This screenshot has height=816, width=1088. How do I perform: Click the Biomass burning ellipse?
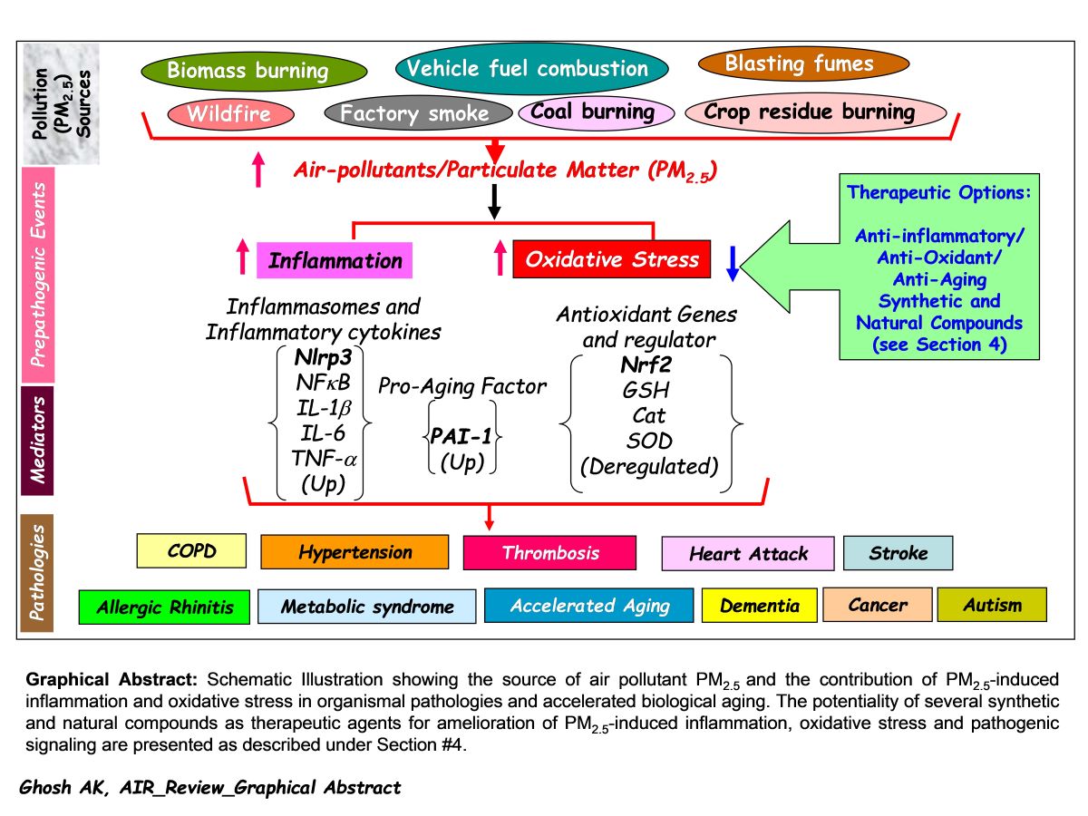pyautogui.click(x=254, y=71)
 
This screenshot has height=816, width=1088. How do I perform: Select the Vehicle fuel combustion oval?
pyautogui.click(x=531, y=69)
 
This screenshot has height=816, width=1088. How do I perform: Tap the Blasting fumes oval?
pyautogui.click(x=802, y=63)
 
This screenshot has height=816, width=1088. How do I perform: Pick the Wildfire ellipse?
pyautogui.click(x=232, y=114)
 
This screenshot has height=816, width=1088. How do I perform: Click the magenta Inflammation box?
pyautogui.click(x=335, y=261)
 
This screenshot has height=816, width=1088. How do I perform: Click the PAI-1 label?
pyautogui.click(x=462, y=436)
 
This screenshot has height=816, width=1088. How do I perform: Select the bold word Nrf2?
pyautogui.click(x=646, y=365)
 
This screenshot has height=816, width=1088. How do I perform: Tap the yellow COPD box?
pyautogui.click(x=190, y=550)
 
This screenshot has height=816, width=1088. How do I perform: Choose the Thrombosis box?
pyautogui.click(x=549, y=552)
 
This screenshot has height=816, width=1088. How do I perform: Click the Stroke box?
pyautogui.click(x=898, y=553)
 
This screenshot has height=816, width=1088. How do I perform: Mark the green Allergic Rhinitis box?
pyautogui.click(x=163, y=607)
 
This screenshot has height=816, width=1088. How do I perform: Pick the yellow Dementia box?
pyautogui.click(x=759, y=606)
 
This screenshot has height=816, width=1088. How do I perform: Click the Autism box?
pyautogui.click(x=991, y=605)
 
